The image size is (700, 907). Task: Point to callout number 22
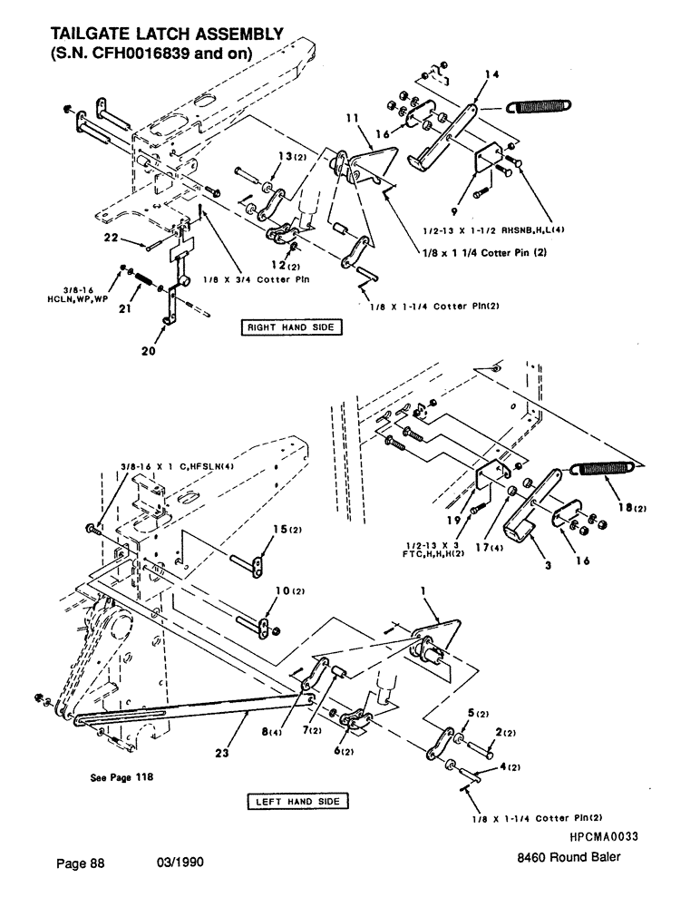pyautogui.click(x=135, y=239)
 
